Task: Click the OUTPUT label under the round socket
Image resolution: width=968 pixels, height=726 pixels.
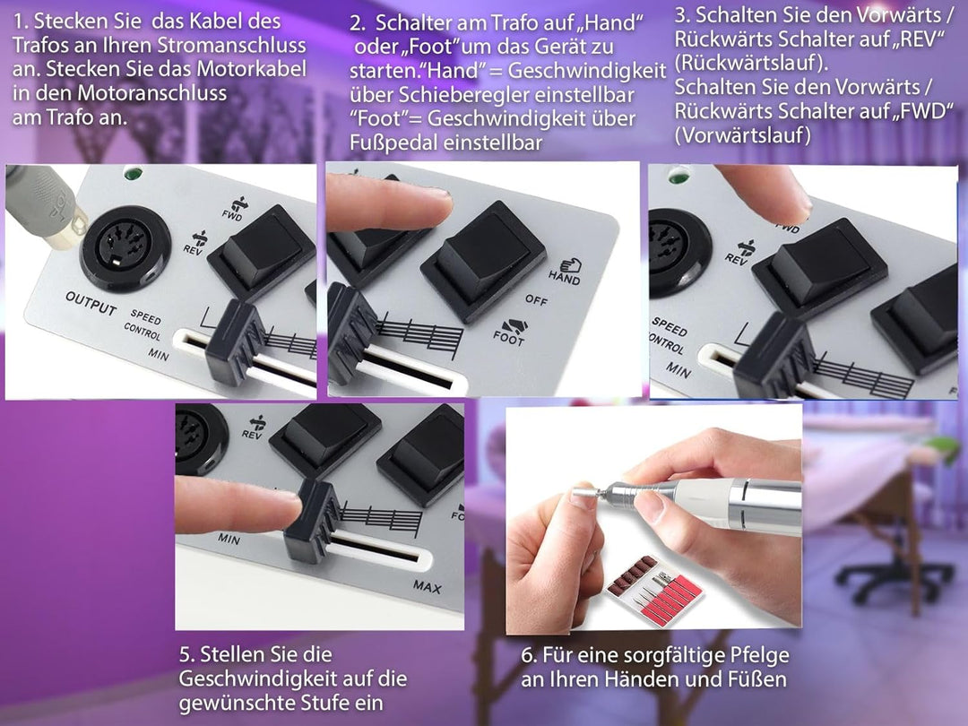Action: [x=91, y=303]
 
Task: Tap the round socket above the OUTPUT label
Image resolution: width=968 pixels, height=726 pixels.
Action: [x=122, y=241]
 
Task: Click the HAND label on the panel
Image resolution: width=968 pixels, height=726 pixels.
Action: [x=564, y=280]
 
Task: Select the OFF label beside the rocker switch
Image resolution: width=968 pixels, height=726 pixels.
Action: [x=536, y=300]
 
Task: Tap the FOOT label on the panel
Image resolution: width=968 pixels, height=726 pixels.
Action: [x=509, y=340]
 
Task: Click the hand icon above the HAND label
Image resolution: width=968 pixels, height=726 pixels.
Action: [x=569, y=264]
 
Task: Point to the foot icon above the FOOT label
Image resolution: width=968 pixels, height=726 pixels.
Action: [x=514, y=324]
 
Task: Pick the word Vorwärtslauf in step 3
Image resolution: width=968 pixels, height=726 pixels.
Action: [x=745, y=134]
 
